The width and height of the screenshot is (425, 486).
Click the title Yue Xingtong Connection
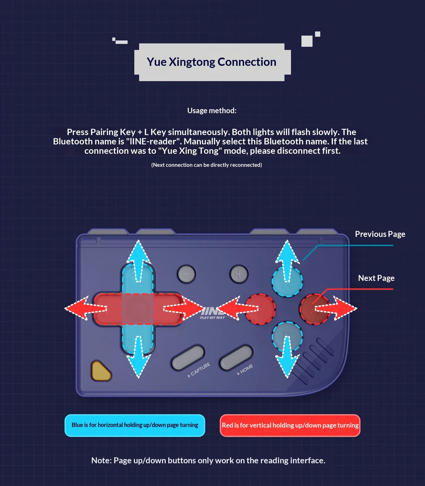pos(211,62)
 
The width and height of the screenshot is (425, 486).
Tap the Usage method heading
pos(212,111)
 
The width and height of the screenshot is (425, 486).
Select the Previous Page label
pos(380,234)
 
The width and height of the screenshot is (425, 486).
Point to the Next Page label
pos(376,278)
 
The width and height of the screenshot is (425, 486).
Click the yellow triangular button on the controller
pos(100,371)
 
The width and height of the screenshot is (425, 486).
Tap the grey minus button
pos(186,274)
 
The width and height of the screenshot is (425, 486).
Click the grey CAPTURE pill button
pos(188,358)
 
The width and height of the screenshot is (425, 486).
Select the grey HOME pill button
pos(236,358)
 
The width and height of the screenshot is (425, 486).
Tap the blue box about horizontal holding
pos(135,425)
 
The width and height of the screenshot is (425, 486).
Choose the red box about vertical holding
pos(290,425)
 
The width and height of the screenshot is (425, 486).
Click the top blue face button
pos(287,281)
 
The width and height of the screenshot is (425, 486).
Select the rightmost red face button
pos(314,309)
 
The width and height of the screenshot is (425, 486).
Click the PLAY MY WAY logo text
pos(212,318)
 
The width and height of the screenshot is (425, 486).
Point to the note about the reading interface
pos(208,460)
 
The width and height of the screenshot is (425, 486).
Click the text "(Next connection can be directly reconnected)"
pos(206,165)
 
